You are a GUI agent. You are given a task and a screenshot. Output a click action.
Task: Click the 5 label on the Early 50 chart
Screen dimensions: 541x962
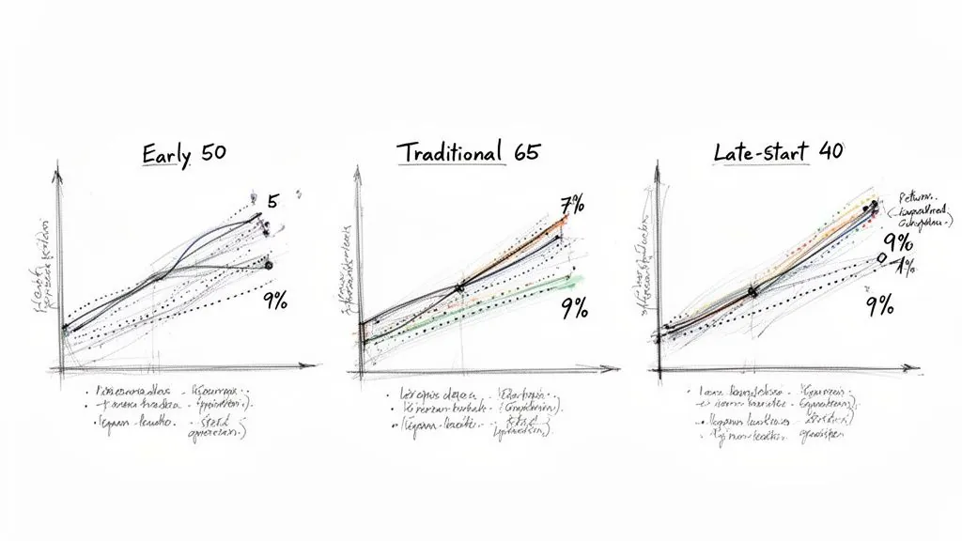273,200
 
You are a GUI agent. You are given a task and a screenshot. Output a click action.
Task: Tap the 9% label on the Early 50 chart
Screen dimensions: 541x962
274,301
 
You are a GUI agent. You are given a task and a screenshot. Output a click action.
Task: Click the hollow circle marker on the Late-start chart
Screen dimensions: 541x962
880,256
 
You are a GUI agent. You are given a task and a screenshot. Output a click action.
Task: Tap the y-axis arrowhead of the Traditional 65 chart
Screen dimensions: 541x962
356,173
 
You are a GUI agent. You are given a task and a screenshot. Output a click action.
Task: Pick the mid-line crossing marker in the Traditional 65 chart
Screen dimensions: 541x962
459,287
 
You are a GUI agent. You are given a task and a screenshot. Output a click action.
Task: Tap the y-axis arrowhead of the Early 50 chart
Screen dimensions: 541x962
59,173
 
